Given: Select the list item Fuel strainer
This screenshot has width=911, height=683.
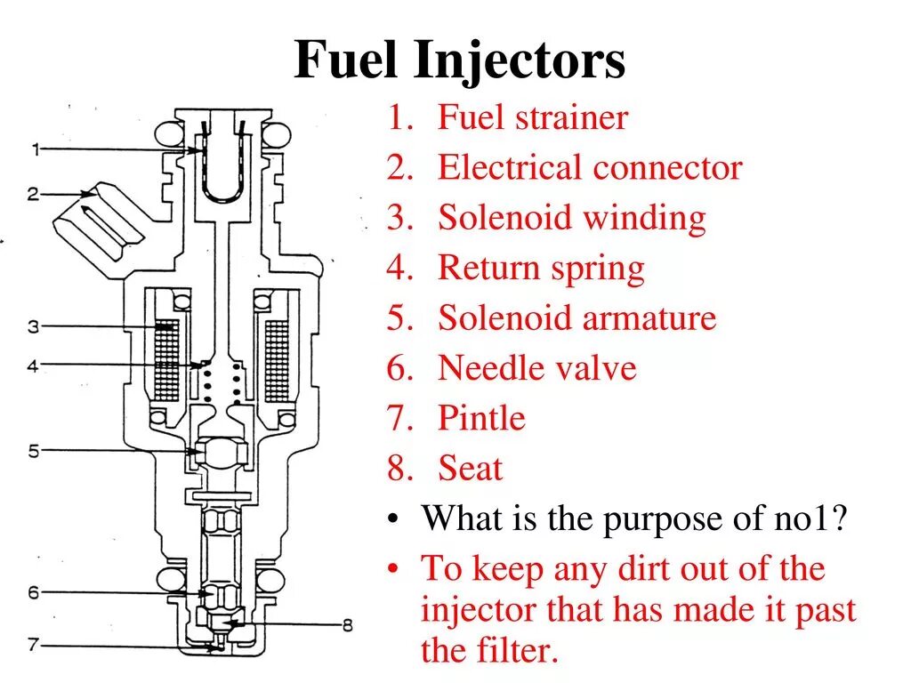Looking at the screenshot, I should pos(532,118).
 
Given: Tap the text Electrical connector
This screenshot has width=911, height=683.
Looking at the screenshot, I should pos(589,168).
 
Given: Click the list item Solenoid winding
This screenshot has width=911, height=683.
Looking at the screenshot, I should pos(571,218).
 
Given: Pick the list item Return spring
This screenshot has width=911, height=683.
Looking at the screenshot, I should pos(540,269).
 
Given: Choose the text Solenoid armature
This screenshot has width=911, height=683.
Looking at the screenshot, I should pos(576,318).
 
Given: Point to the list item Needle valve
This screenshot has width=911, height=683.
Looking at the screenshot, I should pos(536,368).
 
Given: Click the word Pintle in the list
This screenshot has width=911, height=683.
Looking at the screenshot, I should pos(481,418).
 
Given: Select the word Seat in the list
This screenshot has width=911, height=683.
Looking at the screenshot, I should pos(470,469).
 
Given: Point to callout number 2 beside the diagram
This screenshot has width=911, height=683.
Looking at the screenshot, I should pos(32,193).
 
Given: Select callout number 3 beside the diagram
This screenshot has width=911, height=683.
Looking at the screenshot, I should pos(33,327).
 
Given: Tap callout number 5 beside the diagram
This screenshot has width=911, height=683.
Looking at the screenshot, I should pos(33,451).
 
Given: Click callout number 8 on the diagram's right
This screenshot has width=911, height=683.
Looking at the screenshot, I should pos(347,625).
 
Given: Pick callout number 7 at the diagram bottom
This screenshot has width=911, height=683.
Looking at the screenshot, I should pos(33,646).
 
